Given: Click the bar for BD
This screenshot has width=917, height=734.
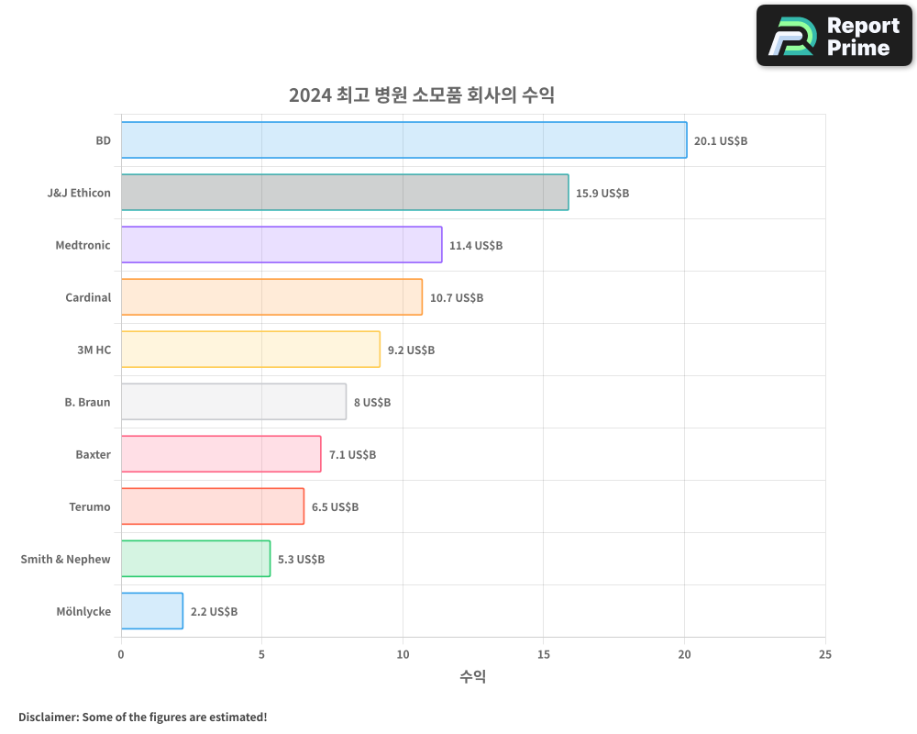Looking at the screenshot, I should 403,140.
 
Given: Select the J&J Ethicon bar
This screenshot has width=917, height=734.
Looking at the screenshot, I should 345,193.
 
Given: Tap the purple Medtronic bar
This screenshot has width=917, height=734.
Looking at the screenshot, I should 282,245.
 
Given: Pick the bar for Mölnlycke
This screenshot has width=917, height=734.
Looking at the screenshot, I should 152,611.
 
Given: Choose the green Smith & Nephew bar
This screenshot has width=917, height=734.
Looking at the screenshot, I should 195,559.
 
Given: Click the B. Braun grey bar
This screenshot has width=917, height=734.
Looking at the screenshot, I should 234,402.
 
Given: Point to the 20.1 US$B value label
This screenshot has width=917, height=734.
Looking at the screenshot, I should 721,141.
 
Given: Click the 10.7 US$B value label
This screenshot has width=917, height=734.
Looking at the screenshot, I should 457,298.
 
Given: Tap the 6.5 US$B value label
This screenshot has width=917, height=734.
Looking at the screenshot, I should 335,507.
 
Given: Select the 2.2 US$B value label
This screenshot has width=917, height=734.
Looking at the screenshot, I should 214,612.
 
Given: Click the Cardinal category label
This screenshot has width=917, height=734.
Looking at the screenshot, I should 88,297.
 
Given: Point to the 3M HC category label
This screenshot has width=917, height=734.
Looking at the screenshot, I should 94,350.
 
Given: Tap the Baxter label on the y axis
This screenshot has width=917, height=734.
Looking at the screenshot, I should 93,454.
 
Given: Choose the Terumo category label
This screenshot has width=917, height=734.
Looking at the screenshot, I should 90,506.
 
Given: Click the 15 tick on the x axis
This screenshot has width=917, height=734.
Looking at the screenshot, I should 544,654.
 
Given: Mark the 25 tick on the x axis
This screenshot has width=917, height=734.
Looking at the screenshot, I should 825,654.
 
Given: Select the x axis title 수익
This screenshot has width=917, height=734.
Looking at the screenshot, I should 473,677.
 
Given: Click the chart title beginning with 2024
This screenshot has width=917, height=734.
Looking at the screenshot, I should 422,95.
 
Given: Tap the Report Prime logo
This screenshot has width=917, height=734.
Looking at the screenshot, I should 834,36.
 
